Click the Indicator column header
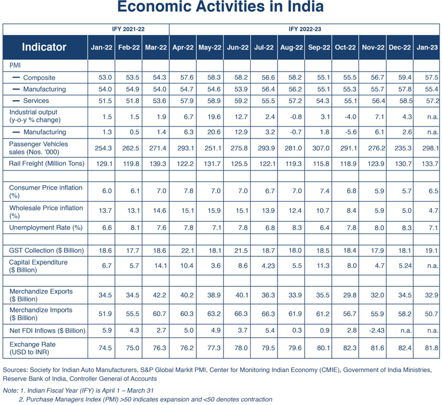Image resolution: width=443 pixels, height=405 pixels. pyautogui.click(x=44, y=47)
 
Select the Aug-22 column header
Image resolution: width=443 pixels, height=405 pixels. pyautogui.click(x=291, y=47)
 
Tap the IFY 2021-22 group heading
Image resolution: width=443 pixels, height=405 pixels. pyautogui.click(x=128, y=29)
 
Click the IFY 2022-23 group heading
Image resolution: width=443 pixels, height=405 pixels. pyautogui.click(x=305, y=29)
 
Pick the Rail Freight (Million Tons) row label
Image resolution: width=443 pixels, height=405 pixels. pyautogui.click(x=47, y=164)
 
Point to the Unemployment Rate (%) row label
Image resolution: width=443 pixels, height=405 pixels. pyautogui.click(x=46, y=228)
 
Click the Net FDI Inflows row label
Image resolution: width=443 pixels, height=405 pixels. pyautogui.click(x=47, y=331)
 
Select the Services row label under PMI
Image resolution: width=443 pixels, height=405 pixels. pyautogui.click(x=36, y=101)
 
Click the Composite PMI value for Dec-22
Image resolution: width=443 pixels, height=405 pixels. pyautogui.click(x=405, y=77)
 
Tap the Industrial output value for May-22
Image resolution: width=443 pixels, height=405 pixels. pyautogui.click(x=214, y=117)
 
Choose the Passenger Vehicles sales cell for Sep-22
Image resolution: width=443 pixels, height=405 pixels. pyautogui.click(x=321, y=148)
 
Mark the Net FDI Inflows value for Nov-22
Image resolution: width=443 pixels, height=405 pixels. pyautogui.click(x=377, y=330)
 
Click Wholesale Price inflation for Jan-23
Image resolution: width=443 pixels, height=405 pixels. pyautogui.click(x=433, y=210)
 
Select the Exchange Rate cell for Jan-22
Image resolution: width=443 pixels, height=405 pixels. pyautogui.click(x=105, y=348)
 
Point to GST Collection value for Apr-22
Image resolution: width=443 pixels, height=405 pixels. pyautogui.click(x=187, y=250)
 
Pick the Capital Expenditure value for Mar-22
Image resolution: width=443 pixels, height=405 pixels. pyautogui.click(x=160, y=266)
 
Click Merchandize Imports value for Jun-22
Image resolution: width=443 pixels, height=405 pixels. pyautogui.click(x=241, y=314)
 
